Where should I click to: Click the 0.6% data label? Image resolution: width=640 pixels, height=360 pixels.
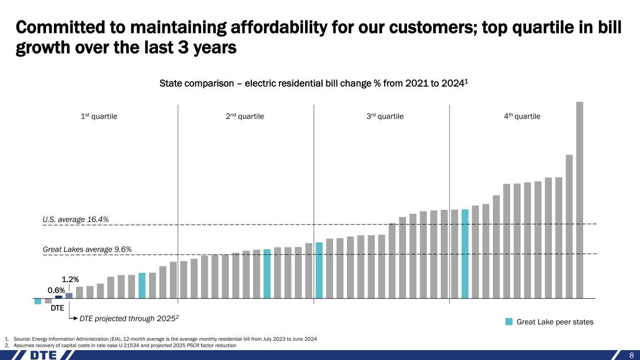click(56, 291)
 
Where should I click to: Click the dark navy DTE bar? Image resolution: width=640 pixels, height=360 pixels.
click(59, 297)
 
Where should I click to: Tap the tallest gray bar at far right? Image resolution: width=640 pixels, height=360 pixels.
click(580, 199)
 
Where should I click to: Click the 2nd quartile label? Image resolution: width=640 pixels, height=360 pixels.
click(245, 116)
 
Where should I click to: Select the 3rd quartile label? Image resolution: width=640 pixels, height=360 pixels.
click(384, 116)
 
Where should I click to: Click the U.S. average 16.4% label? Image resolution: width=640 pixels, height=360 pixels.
click(76, 219)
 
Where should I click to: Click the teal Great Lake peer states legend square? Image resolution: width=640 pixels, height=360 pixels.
click(509, 322)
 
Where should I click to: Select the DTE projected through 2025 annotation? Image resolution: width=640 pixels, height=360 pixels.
click(129, 319)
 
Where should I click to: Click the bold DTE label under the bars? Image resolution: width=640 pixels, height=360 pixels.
click(57, 308)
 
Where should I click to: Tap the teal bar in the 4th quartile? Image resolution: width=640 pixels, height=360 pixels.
click(465, 254)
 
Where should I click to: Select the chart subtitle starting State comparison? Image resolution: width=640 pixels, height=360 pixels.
click(314, 84)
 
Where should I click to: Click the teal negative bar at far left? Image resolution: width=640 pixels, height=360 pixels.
click(38, 301)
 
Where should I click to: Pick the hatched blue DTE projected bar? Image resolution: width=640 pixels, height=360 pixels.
click(69, 295)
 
